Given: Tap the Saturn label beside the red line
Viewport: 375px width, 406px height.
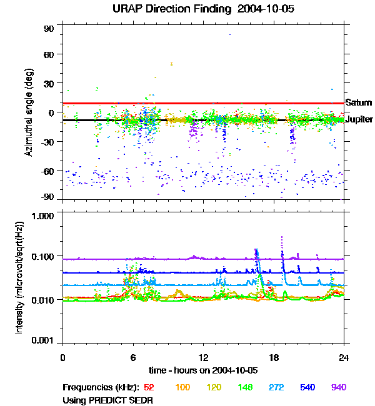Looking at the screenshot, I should coord(358,102).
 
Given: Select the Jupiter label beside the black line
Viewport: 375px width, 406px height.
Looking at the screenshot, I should coord(359,119).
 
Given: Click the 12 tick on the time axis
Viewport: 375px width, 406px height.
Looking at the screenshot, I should coord(203,357).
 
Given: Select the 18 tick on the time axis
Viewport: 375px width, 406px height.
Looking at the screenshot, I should coord(274,357).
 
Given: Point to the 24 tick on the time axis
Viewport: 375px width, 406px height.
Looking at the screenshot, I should coord(344,357).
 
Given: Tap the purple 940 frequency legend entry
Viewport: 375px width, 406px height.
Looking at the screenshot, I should coord(338,387).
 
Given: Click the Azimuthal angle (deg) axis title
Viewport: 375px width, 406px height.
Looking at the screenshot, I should coord(29,112).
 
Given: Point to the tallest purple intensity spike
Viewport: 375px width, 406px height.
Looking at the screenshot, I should coord(282,238).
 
